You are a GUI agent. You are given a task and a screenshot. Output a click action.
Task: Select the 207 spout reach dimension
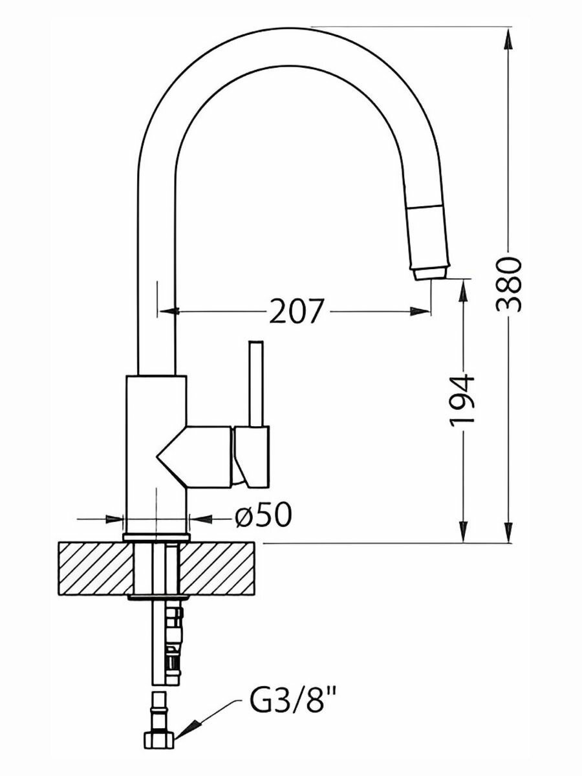(296, 312)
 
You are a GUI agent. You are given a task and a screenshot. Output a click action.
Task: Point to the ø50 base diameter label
(264, 515)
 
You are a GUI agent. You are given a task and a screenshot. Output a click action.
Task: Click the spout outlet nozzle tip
(431, 274)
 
